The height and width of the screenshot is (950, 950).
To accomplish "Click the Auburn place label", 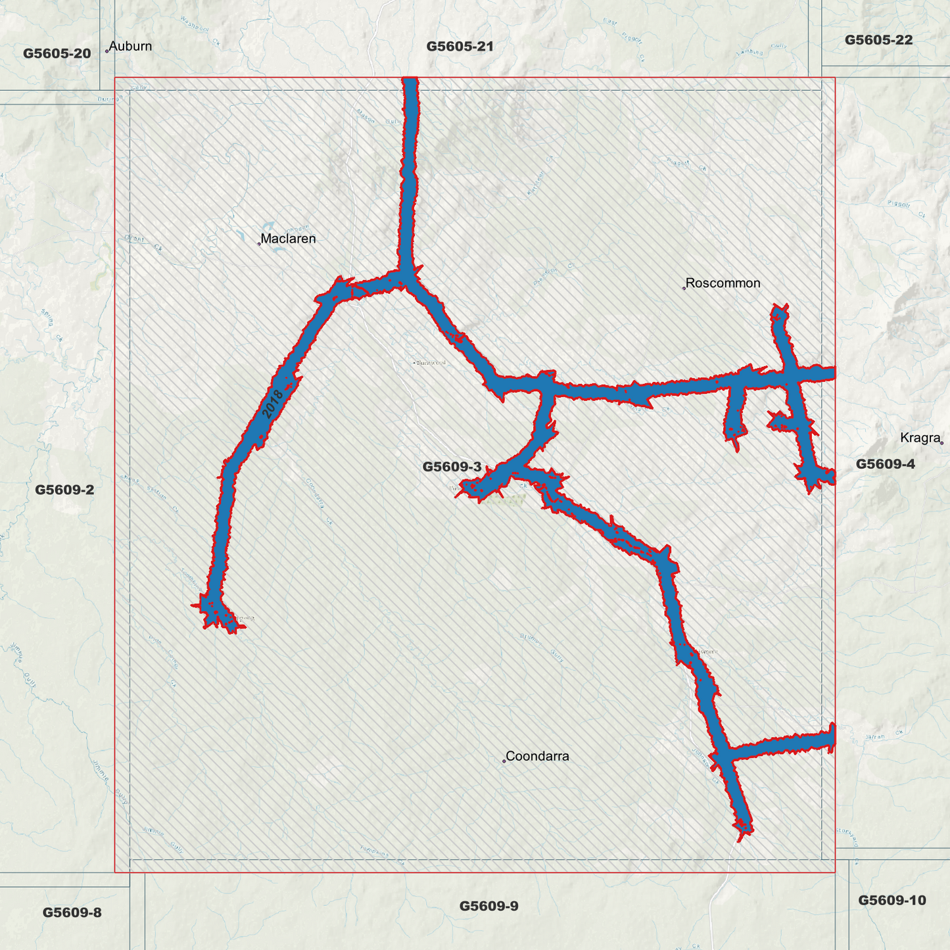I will pos(130,46).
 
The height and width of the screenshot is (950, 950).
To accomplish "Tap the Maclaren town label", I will pos(288,239).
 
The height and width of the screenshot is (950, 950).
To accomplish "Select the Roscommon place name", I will pos(723,283).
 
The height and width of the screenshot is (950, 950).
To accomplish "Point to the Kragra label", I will pos(920,438).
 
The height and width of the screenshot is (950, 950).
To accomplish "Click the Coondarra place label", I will pos(537,756).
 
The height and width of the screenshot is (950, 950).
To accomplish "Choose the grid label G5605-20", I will pos(57,53).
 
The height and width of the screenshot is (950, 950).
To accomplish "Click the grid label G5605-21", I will pos(460,46).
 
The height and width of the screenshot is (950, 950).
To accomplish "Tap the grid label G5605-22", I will pos(878,39).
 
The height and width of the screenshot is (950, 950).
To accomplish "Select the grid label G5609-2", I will pos(64,489).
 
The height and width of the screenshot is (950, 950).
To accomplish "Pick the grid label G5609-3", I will pos(452,467).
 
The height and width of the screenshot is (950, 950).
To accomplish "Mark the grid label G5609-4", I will pos(885,464).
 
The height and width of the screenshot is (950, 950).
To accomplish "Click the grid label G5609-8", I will pos(72,913).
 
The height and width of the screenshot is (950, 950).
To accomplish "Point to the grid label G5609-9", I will pos(488,906).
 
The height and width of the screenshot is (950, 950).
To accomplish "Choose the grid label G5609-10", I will pos(891,900).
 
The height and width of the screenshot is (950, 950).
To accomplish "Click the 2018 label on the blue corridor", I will pos(272,404).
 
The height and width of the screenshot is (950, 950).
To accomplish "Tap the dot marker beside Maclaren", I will pos(259,243).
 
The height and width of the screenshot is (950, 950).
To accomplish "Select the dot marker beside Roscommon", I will pos(684,288).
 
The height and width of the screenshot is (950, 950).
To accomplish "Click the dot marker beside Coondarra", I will pos(504,761).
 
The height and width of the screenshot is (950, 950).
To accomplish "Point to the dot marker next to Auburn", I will pos(107,51).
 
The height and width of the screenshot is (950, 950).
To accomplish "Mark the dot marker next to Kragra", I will pos(941,442).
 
